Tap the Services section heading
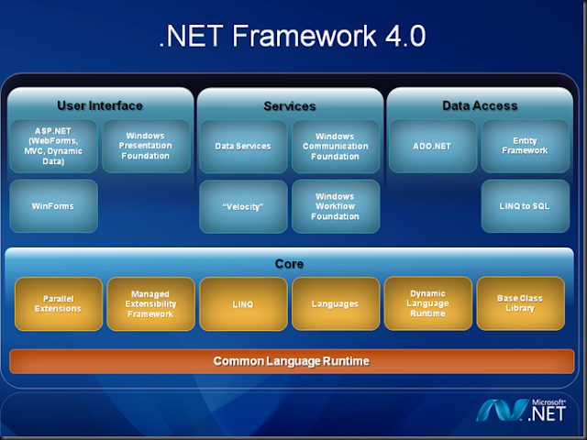tap(290, 106)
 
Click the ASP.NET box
tap(53, 146)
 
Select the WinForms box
tap(53, 205)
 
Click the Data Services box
tap(242, 146)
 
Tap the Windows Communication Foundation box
tap(335, 146)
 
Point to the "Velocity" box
tap(242, 205)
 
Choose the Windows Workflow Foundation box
tap(335, 205)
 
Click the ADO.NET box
tap(431, 146)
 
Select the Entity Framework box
tap(524, 146)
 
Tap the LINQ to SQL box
tap(524, 205)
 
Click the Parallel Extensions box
tap(57, 303)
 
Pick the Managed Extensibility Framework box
tap(150, 303)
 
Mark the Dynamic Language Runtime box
tap(427, 303)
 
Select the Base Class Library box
tap(520, 303)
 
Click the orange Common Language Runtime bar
tap(292, 361)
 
